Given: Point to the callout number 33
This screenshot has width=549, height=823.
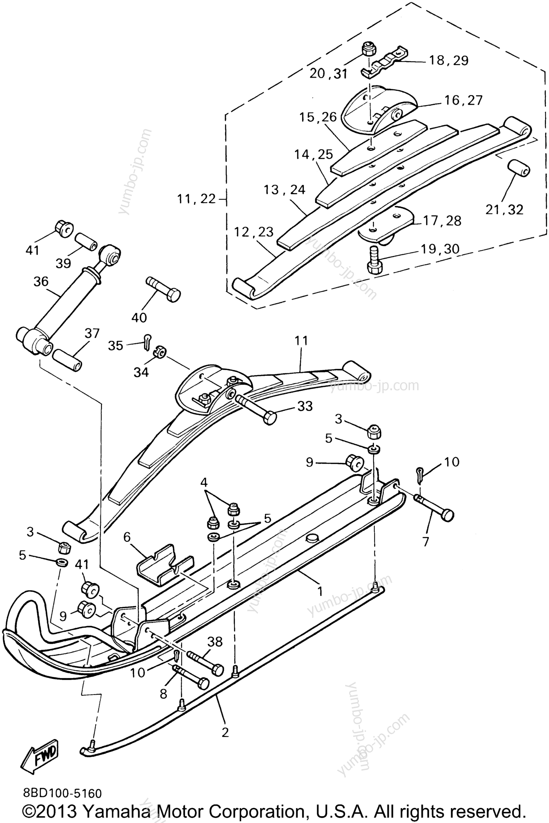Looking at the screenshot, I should pos(304,407).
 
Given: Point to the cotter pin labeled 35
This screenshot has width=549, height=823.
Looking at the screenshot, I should pos(147,340).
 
